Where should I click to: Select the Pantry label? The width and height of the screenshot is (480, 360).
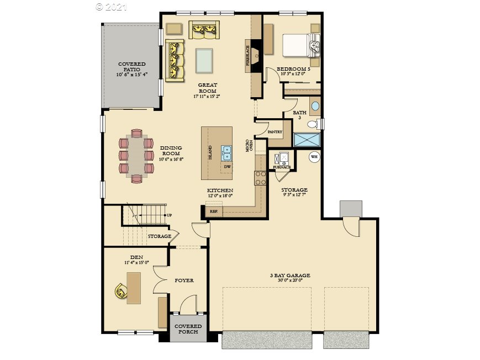pyautogui.click(x=275, y=132)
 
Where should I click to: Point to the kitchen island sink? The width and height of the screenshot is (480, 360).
pyautogui.click(x=226, y=150)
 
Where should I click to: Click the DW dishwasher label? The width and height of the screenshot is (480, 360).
pyautogui.click(x=227, y=167)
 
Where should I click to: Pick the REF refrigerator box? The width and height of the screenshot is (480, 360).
pyautogui.click(x=213, y=211)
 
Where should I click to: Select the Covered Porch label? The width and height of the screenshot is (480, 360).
pyautogui.click(x=188, y=329)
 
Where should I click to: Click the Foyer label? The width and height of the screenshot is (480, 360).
pyautogui.click(x=184, y=280)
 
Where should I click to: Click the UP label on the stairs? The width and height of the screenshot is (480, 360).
pyautogui.click(x=169, y=215)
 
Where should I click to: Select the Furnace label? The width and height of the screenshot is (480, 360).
pyautogui.click(x=282, y=167)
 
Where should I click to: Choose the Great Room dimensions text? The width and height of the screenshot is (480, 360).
pyautogui.click(x=207, y=97)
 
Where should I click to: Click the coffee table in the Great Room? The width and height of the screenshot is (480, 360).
pyautogui.click(x=204, y=60)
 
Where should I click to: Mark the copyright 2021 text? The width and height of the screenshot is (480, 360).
pyautogui.click(x=112, y=7)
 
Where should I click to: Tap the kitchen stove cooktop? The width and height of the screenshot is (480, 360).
pyautogui.click(x=260, y=178)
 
